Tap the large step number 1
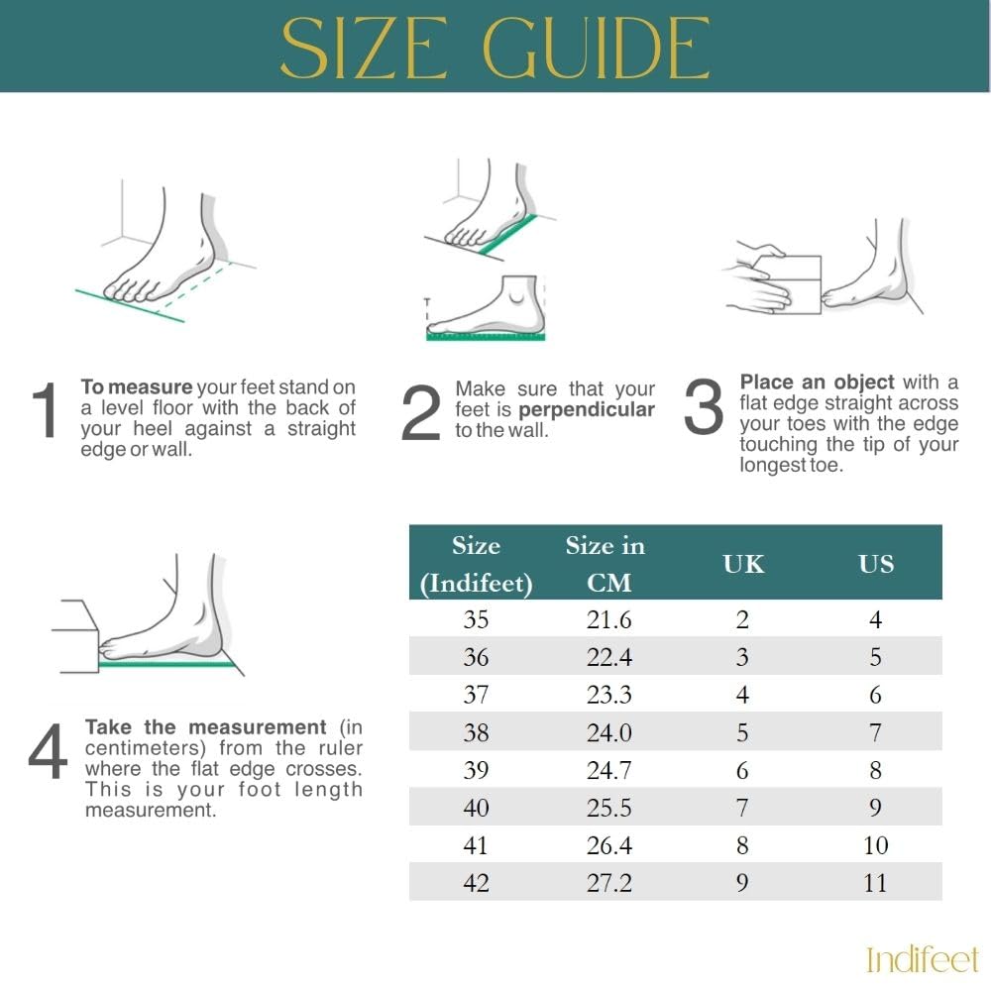coord(46,412)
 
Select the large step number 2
coord(420,414)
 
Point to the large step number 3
coord(705,408)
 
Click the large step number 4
coord(48,753)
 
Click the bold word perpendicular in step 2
coord(587,410)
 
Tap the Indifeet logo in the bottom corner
coord(922,959)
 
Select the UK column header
coord(743,564)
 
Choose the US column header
coord(876,564)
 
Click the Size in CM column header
coord(606,564)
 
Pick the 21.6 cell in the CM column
coord(608,620)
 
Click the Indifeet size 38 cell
coord(476,733)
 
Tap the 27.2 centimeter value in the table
coord(608,883)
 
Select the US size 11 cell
coord(875,883)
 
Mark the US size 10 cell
coord(875,845)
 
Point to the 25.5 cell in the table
coord(608,808)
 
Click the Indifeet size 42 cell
coord(476,883)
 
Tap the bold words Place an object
coord(817,383)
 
